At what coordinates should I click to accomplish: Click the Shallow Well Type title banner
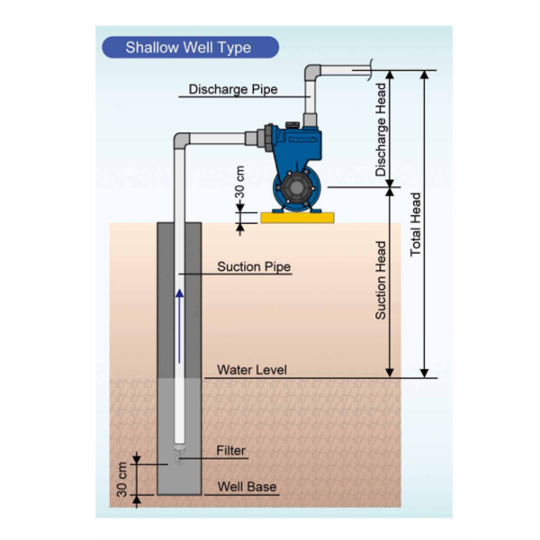click(191, 47)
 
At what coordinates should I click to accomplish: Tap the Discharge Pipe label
click(233, 89)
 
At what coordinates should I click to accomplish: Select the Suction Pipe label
click(254, 266)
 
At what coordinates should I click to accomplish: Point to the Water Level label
click(252, 370)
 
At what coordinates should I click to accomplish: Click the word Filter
click(230, 451)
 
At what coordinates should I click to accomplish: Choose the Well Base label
click(247, 487)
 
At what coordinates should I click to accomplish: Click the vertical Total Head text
click(416, 224)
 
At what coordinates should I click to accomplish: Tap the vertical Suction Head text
click(381, 280)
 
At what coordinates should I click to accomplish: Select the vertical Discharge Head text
click(381, 130)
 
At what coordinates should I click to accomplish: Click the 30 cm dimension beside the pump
click(240, 182)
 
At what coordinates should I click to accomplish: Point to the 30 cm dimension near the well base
click(121, 480)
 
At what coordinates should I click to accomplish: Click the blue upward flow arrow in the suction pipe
click(179, 326)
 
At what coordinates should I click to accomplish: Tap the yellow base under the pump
click(297, 218)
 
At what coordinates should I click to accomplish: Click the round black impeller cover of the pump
click(296, 187)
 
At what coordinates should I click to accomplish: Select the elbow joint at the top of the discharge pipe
click(312, 72)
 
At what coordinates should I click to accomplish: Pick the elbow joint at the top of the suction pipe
click(182, 140)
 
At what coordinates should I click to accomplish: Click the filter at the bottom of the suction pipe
click(179, 454)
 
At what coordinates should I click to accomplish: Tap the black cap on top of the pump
click(292, 125)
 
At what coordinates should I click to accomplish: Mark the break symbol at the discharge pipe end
click(370, 70)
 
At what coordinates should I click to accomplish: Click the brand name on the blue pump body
click(302, 139)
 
